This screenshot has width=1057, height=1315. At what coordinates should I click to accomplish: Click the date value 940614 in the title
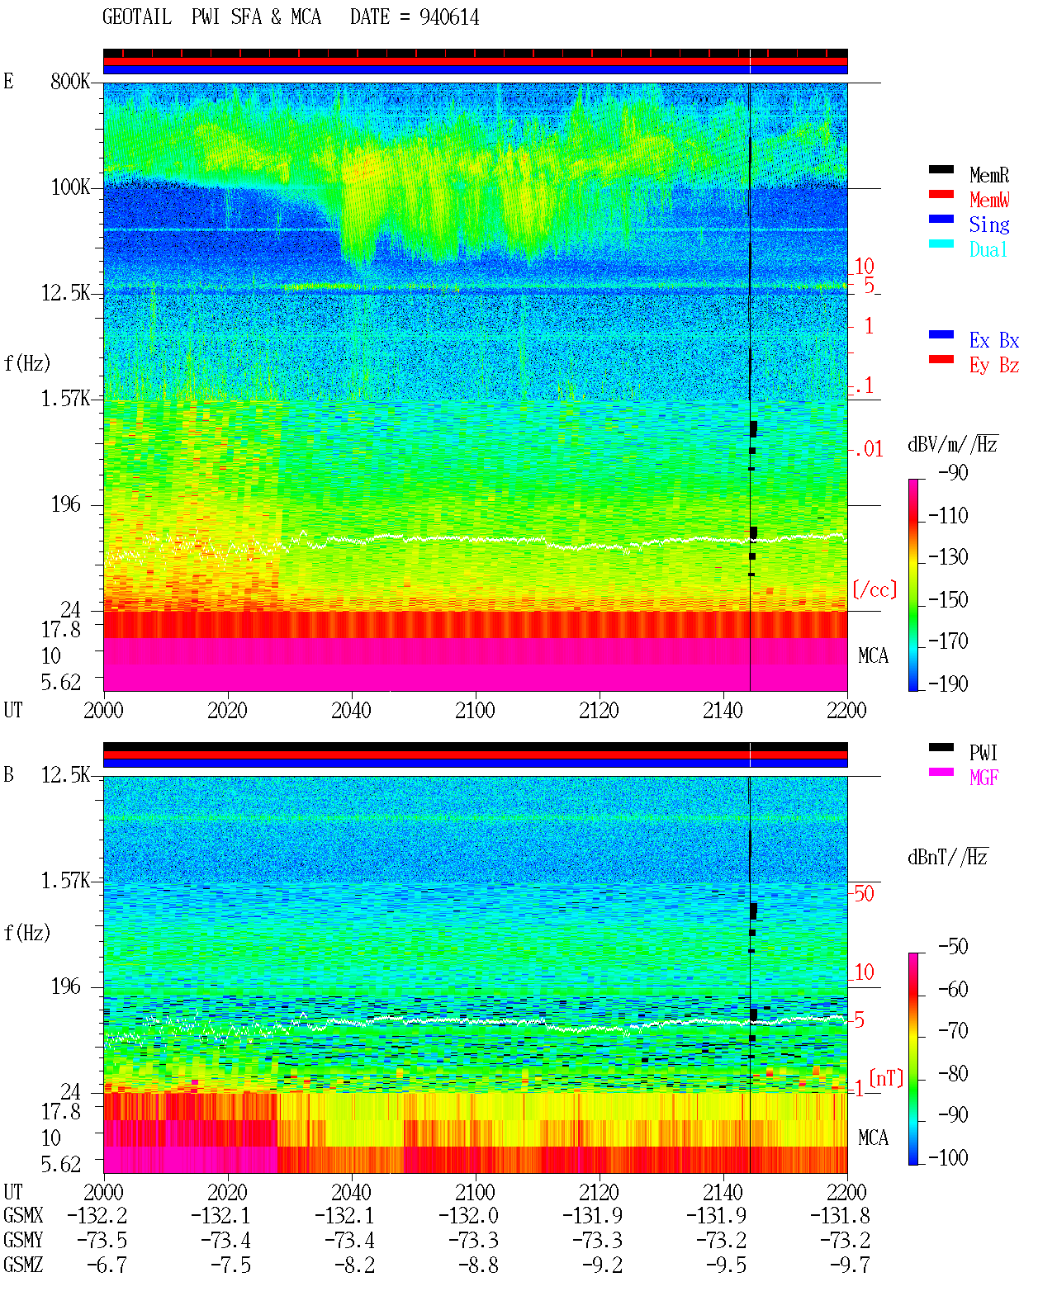(x=448, y=17)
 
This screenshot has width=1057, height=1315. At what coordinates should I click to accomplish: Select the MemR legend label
(x=988, y=175)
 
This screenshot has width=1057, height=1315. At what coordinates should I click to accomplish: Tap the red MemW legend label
(x=989, y=200)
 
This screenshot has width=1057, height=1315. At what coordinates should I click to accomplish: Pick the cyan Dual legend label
(x=988, y=249)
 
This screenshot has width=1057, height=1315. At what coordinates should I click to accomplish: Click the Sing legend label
(x=988, y=225)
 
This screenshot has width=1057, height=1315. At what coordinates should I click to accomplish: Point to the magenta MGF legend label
(x=984, y=778)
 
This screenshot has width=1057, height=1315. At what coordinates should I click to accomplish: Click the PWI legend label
(x=983, y=752)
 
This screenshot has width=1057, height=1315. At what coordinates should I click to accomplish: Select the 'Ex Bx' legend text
(x=993, y=340)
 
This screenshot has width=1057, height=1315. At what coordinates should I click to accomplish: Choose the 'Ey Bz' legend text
(x=993, y=365)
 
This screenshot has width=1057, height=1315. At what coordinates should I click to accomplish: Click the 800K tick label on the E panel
(x=70, y=81)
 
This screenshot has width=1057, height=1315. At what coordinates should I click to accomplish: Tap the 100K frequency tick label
(x=70, y=187)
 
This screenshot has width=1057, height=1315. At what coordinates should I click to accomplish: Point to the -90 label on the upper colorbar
(x=953, y=472)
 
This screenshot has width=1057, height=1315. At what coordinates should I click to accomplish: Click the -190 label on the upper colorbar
(x=948, y=684)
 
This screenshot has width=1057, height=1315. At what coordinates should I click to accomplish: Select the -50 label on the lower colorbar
(x=953, y=947)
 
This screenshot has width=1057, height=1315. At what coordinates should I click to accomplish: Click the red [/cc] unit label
(x=875, y=589)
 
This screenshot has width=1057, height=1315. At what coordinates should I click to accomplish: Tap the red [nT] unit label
(x=886, y=1079)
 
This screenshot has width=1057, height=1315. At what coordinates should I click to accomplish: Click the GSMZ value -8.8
(x=479, y=1265)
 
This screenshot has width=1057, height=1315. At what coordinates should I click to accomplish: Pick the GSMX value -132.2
(x=97, y=1215)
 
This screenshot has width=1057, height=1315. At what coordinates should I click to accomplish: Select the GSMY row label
(x=23, y=1240)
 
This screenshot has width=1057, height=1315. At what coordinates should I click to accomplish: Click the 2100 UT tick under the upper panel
(x=475, y=710)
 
